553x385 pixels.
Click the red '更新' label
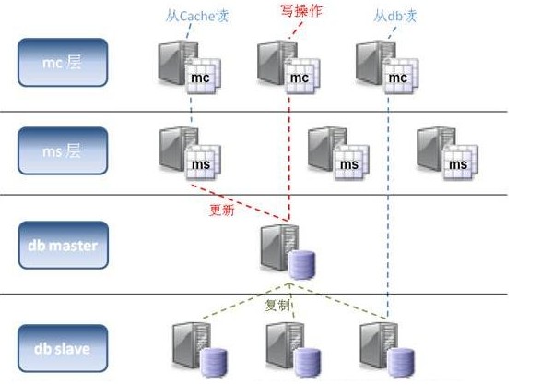[222, 209]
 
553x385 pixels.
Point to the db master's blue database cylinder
[301, 265]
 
